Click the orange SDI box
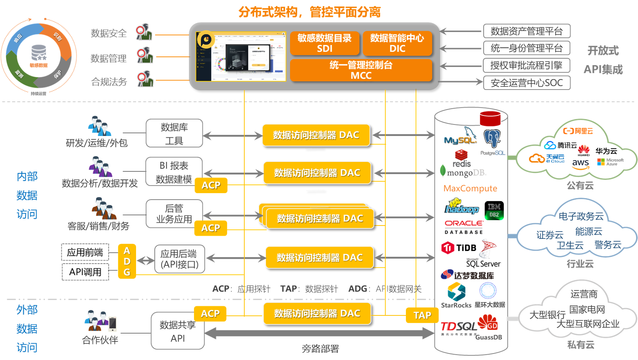tap(324, 43)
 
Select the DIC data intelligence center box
tap(397, 43)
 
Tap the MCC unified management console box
tap(361, 70)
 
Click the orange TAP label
tap(422, 315)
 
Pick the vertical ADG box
tap(127, 261)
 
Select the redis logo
tap(462, 159)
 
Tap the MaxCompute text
tap(470, 189)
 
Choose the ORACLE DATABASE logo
tap(464, 227)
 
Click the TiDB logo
tap(459, 248)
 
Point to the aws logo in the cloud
tap(580, 164)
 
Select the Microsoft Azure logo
tap(610, 162)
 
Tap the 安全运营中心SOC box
tap(527, 83)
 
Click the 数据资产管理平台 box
tap(527, 31)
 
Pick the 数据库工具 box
tap(174, 133)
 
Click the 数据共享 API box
tap(178, 331)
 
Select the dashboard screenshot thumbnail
tap(241, 56)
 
